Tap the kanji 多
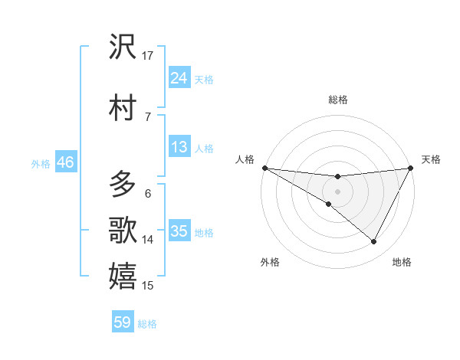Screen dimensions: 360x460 [x=123, y=185]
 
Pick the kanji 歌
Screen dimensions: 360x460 [x=123, y=230]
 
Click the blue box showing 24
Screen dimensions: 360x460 [x=179, y=78]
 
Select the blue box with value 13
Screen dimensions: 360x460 [x=179, y=147]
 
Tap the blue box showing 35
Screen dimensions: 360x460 [x=179, y=232]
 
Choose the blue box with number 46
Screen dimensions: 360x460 [x=64, y=162]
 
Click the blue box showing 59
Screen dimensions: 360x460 [x=123, y=322]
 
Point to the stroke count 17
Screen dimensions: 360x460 [x=148, y=56]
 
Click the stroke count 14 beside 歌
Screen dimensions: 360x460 [x=148, y=240]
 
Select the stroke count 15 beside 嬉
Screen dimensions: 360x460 [x=148, y=286]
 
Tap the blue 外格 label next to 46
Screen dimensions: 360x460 [x=41, y=163]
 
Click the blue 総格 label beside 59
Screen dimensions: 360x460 [x=147, y=324]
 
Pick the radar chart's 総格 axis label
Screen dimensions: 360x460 [x=337, y=100]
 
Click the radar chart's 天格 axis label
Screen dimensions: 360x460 [x=431, y=159]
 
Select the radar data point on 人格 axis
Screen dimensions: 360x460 [x=264, y=167]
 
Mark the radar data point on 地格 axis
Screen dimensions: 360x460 [x=374, y=242]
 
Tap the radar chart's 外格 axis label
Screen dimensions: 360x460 [x=270, y=262]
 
